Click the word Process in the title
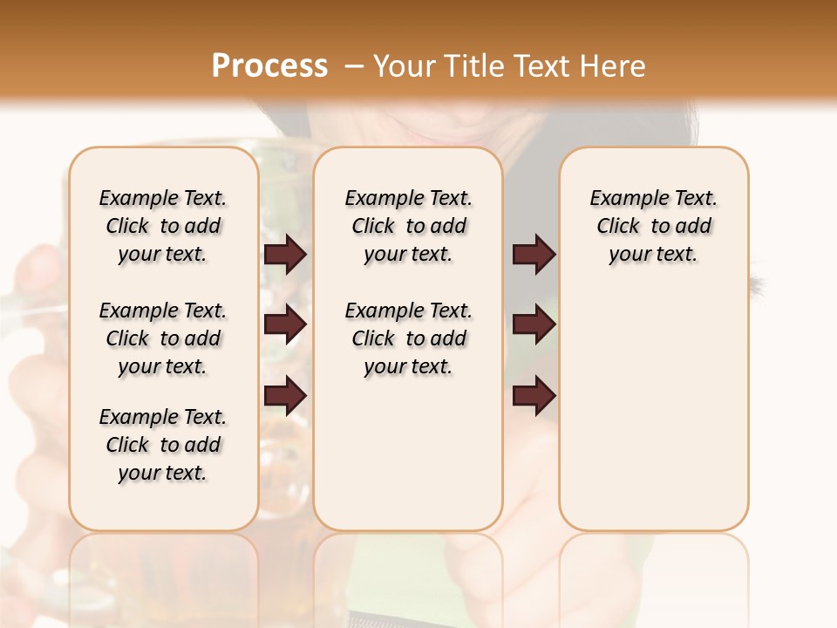click(269, 65)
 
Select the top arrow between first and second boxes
click(285, 255)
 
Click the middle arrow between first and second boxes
click(285, 325)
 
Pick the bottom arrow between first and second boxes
click(285, 395)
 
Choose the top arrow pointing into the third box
click(534, 255)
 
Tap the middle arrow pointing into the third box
click(534, 325)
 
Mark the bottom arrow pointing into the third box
click(534, 395)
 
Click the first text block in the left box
click(163, 226)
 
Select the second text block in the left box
click(163, 338)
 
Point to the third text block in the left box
click(163, 445)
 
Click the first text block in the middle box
click(409, 226)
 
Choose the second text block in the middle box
click(409, 338)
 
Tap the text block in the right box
click(654, 226)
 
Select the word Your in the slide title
click(402, 66)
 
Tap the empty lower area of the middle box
click(408, 454)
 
